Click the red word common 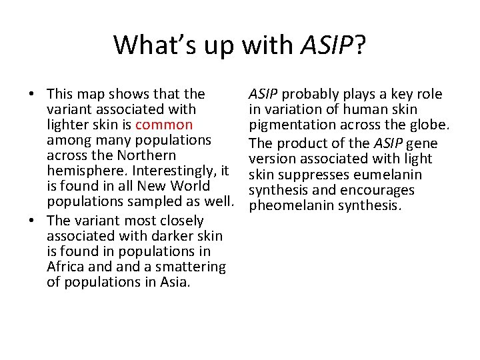[164, 125]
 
